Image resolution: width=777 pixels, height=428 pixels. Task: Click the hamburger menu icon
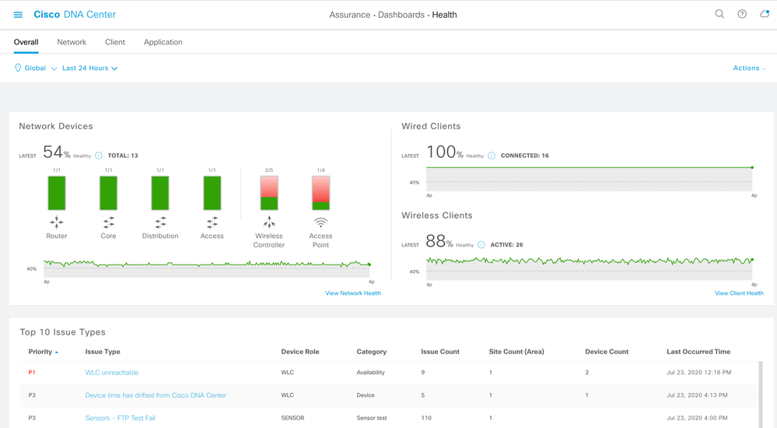(18, 15)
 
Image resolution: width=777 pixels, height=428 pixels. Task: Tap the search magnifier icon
(719, 14)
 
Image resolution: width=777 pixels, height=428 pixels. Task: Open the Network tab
(72, 42)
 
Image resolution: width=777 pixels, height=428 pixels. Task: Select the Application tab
(163, 42)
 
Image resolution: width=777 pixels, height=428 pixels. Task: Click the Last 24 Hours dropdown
(89, 68)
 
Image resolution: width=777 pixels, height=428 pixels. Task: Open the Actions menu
(749, 68)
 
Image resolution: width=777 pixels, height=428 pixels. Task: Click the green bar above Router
(57, 193)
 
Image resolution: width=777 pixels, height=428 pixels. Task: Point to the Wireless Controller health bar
(269, 193)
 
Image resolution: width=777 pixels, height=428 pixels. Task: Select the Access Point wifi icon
(320, 223)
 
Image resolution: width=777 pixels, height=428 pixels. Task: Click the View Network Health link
(353, 293)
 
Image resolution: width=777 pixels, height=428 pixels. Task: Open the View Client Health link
(739, 293)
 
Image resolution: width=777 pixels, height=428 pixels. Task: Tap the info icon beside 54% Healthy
(99, 156)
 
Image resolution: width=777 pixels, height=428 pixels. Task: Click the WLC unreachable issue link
(112, 373)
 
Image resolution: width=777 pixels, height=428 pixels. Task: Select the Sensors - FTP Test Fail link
(121, 418)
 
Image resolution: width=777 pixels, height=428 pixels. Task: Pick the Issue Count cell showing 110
(426, 418)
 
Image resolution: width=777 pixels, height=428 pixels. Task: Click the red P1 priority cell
(32, 373)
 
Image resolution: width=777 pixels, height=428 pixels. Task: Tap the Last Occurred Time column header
(698, 352)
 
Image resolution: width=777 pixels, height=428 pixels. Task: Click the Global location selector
(36, 68)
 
